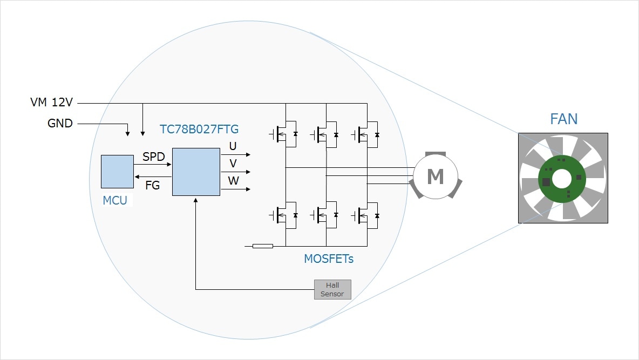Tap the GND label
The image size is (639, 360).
(60, 124)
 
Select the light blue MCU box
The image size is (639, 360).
(117, 171)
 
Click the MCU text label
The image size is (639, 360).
(115, 201)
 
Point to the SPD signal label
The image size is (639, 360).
(153, 157)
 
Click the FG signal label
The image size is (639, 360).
(153, 185)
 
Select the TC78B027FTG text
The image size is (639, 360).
(199, 130)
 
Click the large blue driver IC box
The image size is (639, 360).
(196, 171)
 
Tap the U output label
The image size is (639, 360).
(233, 146)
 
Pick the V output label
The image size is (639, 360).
(233, 163)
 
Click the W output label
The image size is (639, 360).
(233, 181)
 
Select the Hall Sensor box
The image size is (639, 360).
(332, 289)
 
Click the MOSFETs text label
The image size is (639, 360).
(329, 259)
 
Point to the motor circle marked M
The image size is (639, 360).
(435, 176)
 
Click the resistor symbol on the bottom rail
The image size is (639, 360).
(263, 246)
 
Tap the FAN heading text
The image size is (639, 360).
(563, 119)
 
